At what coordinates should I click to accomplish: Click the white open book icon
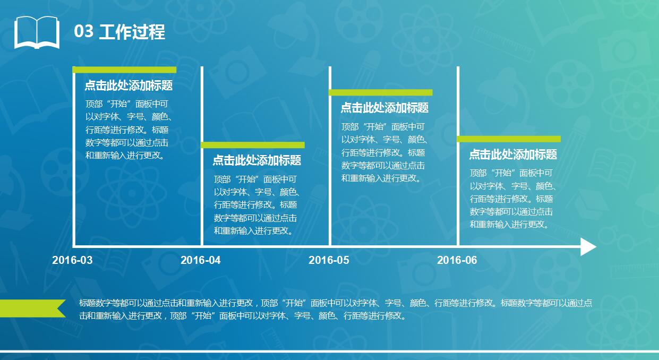(x=37, y=32)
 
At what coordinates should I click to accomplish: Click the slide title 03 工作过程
(x=119, y=32)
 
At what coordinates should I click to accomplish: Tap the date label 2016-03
(x=72, y=260)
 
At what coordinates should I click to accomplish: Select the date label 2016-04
(x=200, y=260)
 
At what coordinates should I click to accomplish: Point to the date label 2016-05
(x=329, y=260)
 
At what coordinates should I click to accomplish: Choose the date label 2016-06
(x=457, y=260)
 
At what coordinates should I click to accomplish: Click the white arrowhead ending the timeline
(x=588, y=247)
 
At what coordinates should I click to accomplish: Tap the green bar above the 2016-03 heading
(x=124, y=70)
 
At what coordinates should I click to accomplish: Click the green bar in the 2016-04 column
(x=253, y=145)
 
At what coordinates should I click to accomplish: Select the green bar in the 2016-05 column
(x=381, y=92)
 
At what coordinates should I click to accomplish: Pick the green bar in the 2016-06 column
(x=509, y=139)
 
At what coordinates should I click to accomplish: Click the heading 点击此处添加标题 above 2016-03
(x=129, y=86)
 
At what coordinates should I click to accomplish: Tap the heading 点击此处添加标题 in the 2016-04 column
(x=257, y=160)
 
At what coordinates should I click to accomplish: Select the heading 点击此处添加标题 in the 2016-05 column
(x=384, y=108)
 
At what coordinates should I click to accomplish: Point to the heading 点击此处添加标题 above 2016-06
(x=513, y=155)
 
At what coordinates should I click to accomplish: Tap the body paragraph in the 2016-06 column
(x=512, y=199)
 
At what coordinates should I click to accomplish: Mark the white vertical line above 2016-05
(x=330, y=159)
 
